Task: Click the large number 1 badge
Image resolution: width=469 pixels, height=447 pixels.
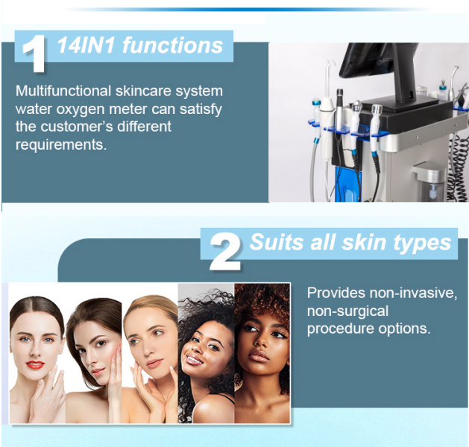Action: coord(34,54)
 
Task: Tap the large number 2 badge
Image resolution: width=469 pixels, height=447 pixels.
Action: coord(225,251)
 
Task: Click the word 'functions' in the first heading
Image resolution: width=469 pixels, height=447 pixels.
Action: coord(173,45)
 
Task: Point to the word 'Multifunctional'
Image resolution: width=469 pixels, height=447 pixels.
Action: coord(63,91)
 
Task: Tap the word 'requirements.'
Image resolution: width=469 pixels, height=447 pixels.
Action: coord(61,145)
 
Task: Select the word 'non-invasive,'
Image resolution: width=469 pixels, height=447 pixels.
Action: coord(414,293)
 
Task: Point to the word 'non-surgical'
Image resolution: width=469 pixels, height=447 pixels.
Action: coord(347,311)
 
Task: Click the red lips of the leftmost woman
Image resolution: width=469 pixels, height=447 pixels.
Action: coord(35,364)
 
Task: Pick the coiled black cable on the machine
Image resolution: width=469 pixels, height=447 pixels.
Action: coord(459,171)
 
